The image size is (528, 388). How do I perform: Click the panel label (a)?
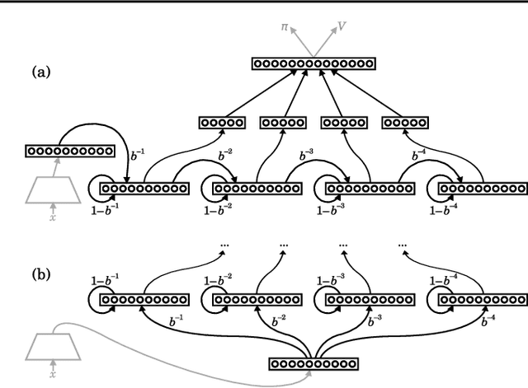40,72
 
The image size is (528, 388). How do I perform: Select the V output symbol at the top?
342,26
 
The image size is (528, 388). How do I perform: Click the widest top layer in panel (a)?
313,63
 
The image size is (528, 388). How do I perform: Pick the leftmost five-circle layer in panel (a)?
222,123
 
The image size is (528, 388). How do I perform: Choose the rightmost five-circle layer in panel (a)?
405,123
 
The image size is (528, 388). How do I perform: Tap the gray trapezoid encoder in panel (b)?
53,345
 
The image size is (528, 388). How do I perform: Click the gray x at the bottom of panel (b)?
53,373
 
